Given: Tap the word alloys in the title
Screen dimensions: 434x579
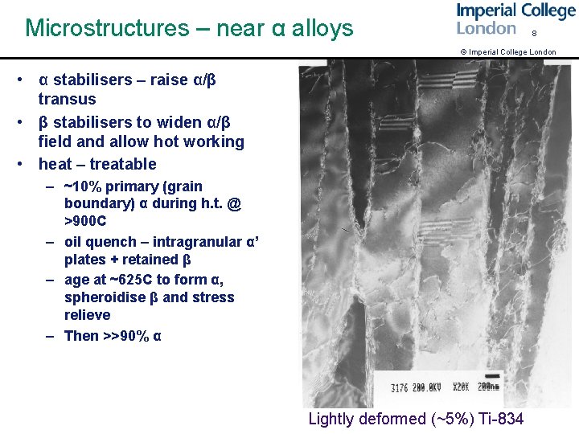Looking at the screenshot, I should point(322,28).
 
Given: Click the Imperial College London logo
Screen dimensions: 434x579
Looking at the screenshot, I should point(515,19).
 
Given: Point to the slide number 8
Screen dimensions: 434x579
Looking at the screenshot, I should point(533,34).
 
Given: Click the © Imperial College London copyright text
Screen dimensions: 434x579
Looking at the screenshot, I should point(507,52).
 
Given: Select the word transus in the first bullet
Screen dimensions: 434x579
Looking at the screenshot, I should point(67,100).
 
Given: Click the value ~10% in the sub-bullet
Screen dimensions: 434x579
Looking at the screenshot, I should point(83,186).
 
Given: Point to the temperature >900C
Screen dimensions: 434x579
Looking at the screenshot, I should point(85,220).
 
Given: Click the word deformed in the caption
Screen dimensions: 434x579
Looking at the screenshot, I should point(385,419).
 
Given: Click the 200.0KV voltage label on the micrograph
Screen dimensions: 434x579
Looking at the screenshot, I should point(429,387).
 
